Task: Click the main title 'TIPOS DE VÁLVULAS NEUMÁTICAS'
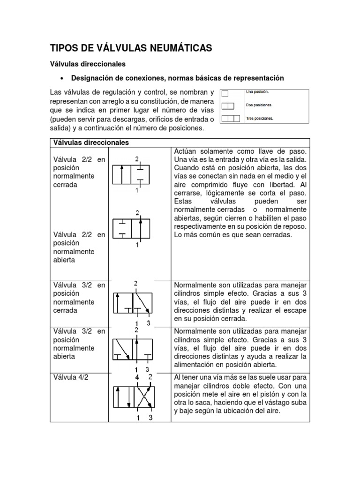tap(131, 48)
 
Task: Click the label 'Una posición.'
tap(257, 92)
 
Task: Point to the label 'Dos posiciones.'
tap(259, 105)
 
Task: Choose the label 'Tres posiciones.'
tap(260, 119)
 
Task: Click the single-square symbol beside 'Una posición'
tap(226, 93)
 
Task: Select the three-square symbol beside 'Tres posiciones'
tap(231, 119)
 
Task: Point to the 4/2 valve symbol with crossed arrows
tap(133, 397)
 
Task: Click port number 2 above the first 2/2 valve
tap(137, 159)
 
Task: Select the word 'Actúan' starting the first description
tap(185, 152)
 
